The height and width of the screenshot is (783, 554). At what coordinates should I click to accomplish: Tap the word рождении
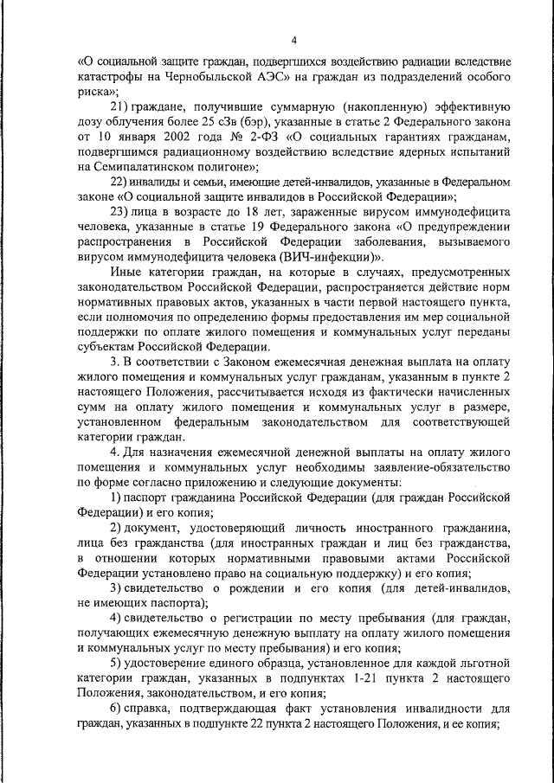(256, 587)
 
